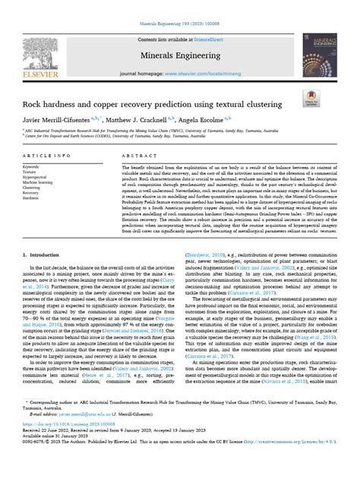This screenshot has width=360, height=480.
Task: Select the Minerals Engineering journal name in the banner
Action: tap(179, 55)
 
